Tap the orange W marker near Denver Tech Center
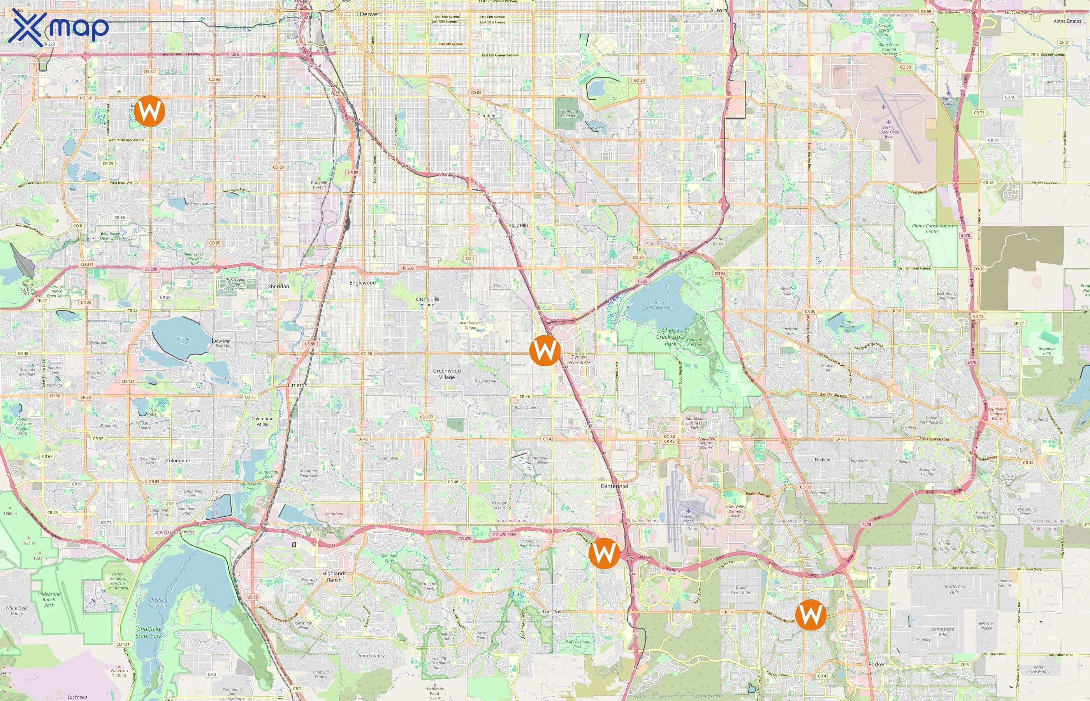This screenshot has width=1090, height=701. coord(545,350)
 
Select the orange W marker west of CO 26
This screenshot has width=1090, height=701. coord(149,111)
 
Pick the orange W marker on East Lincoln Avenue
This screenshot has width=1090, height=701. coord(810,615)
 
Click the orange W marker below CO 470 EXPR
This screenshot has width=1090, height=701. coord(604,553)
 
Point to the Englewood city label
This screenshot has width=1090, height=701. coord(362,283)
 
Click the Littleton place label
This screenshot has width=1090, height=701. coord(297,385)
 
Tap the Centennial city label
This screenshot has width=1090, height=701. coord(614,486)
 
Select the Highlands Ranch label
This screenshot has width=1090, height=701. coord(334,576)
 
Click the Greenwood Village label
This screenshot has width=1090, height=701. coord(447,374)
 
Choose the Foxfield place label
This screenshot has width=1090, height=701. coord(822,460)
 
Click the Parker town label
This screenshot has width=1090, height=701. coord(877,664)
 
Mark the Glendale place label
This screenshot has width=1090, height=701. coord(486,116)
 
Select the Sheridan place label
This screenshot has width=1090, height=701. coord(278,286)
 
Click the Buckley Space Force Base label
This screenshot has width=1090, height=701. coord(888,132)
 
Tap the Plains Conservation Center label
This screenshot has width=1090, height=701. coord(932,229)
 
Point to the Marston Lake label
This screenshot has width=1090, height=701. coord(184,340)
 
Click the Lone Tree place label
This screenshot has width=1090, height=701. coord(552,611)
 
